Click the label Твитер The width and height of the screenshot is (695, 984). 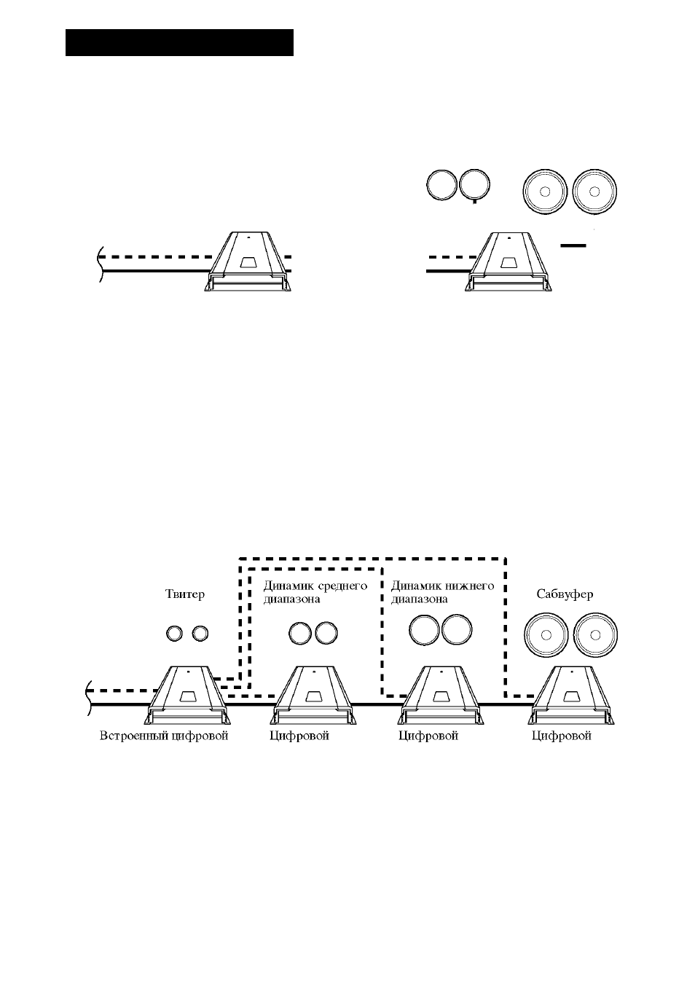tap(184, 594)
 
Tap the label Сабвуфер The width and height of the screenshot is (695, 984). tap(565, 594)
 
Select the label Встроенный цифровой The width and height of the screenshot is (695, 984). tap(164, 736)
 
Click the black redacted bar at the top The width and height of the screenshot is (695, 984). tap(179, 43)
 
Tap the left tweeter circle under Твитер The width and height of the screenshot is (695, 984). tap(174, 634)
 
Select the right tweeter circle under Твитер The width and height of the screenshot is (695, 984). tap(200, 634)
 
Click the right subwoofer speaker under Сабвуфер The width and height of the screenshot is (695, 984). tap(595, 635)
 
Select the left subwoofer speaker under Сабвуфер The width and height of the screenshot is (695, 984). tap(546, 635)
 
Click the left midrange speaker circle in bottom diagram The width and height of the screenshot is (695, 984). tap(300, 634)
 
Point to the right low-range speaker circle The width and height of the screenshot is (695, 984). tap(457, 630)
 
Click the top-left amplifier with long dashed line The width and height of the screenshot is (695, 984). tap(248, 261)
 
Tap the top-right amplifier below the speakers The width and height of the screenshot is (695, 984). tap(509, 261)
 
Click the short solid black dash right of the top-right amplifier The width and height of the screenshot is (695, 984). tap(573, 245)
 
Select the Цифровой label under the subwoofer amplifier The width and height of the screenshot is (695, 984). tap(562, 736)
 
